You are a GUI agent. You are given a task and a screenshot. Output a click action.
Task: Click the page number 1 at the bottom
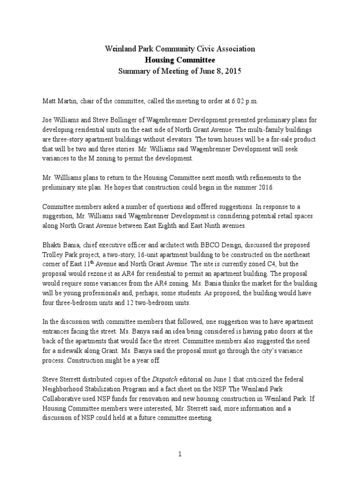coord(180,454)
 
